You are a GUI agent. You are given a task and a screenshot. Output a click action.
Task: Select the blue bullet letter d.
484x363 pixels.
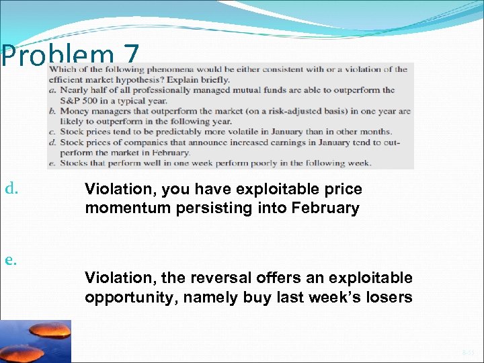click(11, 188)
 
